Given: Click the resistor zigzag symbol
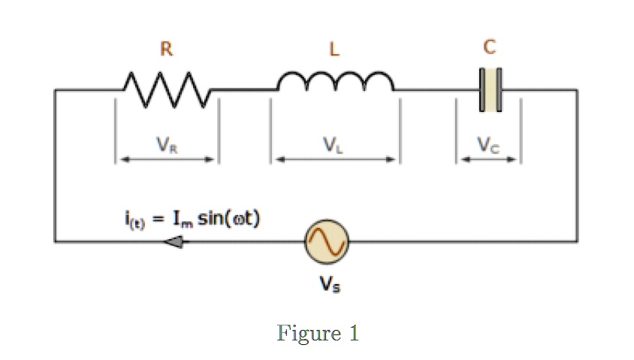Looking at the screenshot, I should (166, 89).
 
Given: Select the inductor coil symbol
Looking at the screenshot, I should (334, 83).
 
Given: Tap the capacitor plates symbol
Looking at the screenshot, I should (490, 90).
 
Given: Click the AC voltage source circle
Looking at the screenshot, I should (326, 241).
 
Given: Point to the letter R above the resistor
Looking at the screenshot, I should (166, 50).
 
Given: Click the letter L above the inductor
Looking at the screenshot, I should (334, 50).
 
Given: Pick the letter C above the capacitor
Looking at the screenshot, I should (490, 48).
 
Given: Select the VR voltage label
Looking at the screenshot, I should (167, 147).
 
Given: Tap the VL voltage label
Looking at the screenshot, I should (334, 147).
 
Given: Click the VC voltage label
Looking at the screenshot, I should (490, 147).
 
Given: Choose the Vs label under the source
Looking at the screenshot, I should (327, 286).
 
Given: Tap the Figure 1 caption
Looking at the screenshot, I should (318, 333).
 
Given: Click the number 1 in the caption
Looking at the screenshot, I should (352, 333).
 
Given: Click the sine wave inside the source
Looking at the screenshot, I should (326, 241).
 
